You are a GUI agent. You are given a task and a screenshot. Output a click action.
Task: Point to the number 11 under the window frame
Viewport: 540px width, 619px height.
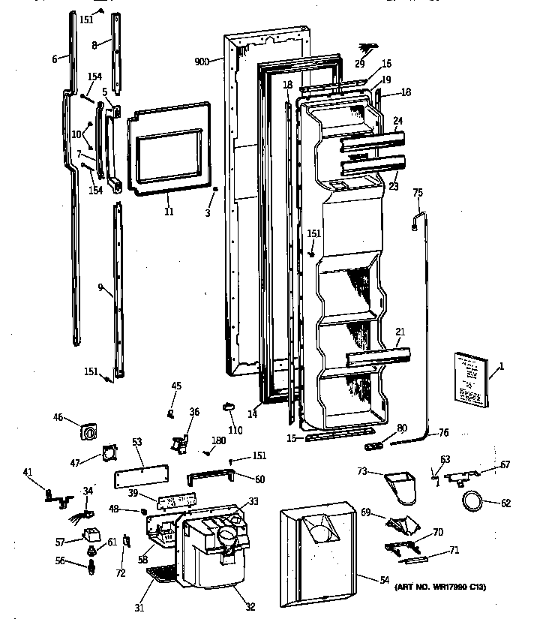(x=169, y=212)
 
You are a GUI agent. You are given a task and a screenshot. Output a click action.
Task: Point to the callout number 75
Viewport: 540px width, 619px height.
(x=418, y=193)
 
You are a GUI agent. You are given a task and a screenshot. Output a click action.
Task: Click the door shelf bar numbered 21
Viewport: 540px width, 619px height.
(x=379, y=357)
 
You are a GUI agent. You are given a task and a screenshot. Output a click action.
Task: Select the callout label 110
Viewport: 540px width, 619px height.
(x=235, y=431)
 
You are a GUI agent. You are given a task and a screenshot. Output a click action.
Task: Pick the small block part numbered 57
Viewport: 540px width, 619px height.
(x=93, y=536)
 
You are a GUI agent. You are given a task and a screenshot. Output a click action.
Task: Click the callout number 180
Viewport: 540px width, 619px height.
(x=218, y=440)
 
